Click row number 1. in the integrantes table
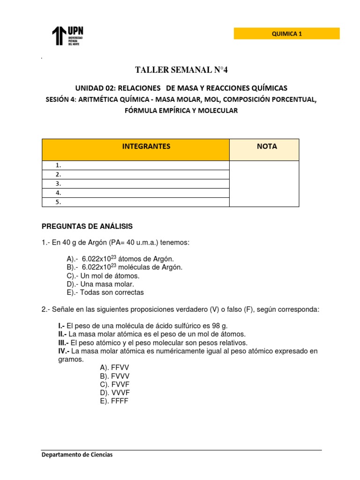point(135,165)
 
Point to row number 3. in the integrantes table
point(135,184)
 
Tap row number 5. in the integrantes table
point(135,202)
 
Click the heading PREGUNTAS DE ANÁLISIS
point(87,226)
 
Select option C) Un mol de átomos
point(104,276)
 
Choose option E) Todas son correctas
point(105,292)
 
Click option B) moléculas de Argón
point(125,267)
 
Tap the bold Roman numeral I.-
point(61,326)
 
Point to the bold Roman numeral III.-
point(64,343)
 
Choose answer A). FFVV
point(114,368)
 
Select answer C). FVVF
point(114,385)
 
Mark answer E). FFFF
point(114,402)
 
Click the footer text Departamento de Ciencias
point(77,455)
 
